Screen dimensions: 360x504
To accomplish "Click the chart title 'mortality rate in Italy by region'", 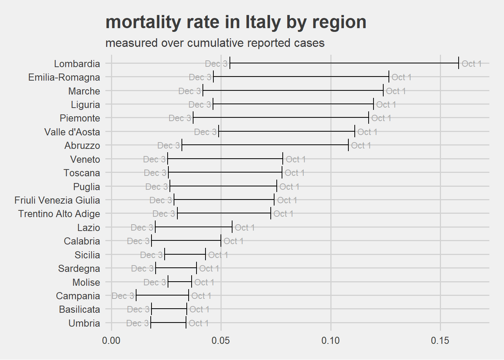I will [x=236, y=22].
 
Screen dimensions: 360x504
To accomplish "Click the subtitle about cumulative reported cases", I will [x=215, y=43].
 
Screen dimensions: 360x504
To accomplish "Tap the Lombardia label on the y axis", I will [x=77, y=64].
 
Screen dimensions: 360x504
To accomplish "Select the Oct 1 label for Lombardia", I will [x=471, y=64].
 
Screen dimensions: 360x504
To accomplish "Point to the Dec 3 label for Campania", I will [x=123, y=296].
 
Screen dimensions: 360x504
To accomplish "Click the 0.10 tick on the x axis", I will [x=331, y=340].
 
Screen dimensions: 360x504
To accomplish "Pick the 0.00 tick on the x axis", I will [x=111, y=340].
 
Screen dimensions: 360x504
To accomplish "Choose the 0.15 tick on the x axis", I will [x=440, y=340].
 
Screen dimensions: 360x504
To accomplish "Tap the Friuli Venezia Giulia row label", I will [x=57, y=200].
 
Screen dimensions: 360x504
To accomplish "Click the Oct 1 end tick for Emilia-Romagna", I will [x=389, y=77].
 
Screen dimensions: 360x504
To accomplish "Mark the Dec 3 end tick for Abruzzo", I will [x=182, y=145].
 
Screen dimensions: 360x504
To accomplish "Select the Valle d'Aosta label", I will [x=72, y=132].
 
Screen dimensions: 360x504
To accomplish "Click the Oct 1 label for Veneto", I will [x=295, y=159].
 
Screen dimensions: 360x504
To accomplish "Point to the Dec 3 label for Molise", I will [x=154, y=282].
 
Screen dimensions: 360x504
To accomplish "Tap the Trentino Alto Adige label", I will [x=59, y=214].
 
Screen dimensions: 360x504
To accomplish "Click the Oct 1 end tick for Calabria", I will [x=221, y=241].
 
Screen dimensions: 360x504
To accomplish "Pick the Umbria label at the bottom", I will [x=84, y=323].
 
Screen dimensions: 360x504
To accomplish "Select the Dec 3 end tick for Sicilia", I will [x=165, y=255].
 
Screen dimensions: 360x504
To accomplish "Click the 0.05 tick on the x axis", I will [x=221, y=340].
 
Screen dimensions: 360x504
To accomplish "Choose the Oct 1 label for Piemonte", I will [x=381, y=118].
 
